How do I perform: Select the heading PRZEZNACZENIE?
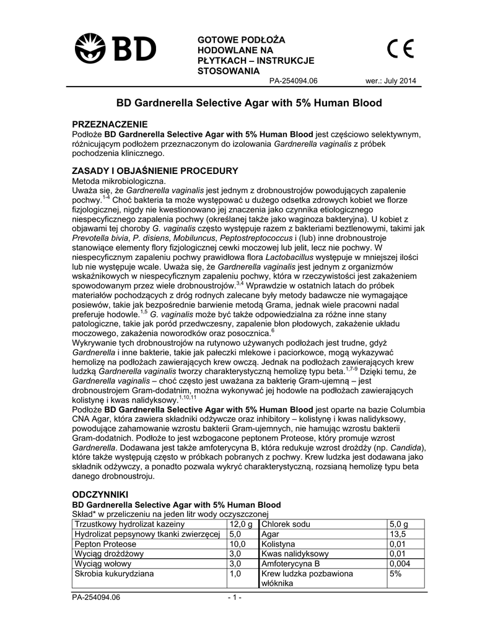110,124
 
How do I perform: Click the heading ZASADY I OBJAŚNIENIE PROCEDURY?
155,170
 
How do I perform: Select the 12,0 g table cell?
241,525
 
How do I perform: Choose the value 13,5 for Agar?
397,534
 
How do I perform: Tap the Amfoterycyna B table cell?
291,564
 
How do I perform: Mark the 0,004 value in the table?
400,564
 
